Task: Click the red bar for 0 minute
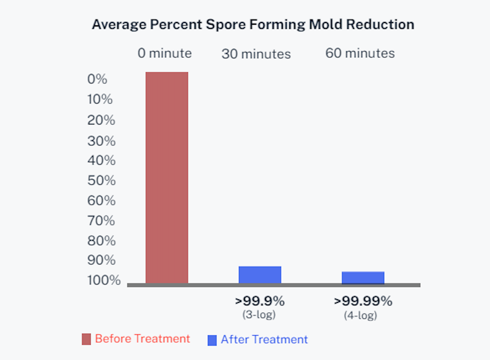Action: point(167,178)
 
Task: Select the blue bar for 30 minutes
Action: point(260,275)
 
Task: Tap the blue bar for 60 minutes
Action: point(363,277)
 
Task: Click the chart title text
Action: point(253,25)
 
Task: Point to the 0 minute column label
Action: point(165,53)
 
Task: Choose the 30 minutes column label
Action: point(256,54)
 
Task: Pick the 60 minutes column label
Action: point(360,53)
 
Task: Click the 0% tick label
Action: point(97,79)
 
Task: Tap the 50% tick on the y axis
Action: point(101,180)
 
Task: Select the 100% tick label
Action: point(104,280)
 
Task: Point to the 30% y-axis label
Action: point(101,141)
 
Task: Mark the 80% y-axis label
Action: point(101,241)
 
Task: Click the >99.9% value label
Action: point(260,301)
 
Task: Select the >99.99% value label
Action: point(363,301)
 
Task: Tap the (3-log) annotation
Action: point(259,314)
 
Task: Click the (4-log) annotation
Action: point(360,315)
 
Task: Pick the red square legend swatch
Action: point(86,339)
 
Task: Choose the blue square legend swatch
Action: point(212,340)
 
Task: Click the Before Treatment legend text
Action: point(142,339)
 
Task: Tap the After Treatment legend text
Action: point(264,339)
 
